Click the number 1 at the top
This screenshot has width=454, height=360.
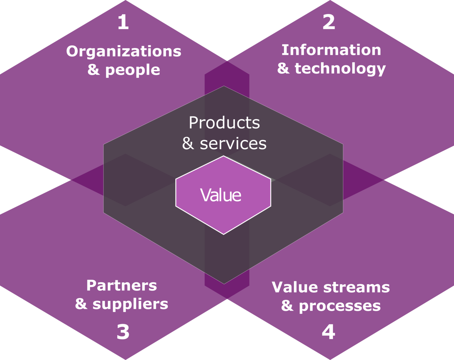click(123, 22)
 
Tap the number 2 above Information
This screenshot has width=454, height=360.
click(329, 22)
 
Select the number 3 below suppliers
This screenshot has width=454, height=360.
click(123, 332)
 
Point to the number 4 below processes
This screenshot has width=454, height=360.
click(328, 332)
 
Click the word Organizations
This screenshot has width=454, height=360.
click(124, 51)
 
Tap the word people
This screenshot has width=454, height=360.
click(132, 70)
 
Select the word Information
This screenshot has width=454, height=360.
click(331, 50)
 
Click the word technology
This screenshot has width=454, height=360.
click(340, 68)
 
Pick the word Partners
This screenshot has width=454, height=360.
click(121, 285)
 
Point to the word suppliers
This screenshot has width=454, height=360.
click(130, 304)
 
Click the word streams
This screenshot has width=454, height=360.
click(356, 287)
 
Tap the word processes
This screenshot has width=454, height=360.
click(340, 306)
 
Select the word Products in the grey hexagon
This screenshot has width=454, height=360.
click(224, 123)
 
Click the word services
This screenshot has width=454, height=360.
click(233, 143)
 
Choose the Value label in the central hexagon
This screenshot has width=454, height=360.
click(221, 195)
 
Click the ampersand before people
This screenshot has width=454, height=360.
click(94, 69)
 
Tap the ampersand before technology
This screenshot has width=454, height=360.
click(283, 68)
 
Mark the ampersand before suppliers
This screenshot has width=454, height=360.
click(81, 303)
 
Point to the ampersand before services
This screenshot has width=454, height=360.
click(188, 143)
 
